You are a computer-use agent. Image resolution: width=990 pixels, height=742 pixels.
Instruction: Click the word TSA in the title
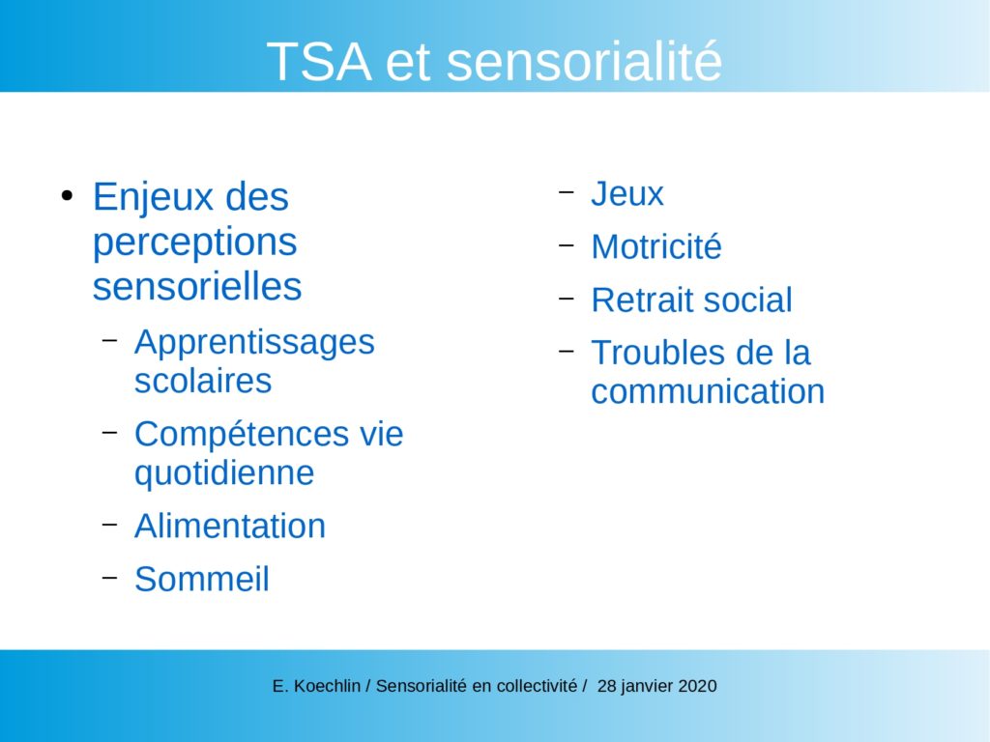tap(319, 61)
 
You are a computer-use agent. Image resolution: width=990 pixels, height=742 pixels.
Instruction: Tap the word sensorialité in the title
tap(584, 61)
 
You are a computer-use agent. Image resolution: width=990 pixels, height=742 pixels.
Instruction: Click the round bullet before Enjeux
tap(67, 195)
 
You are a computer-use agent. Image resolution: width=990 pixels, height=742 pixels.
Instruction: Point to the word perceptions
tap(194, 242)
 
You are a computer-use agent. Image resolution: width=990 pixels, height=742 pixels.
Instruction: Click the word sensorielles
tap(197, 286)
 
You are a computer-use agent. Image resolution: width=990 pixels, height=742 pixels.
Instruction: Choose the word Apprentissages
tap(254, 343)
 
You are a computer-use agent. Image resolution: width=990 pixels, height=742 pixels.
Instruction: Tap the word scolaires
tap(203, 381)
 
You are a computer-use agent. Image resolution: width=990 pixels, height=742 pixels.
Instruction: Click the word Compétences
tap(241, 435)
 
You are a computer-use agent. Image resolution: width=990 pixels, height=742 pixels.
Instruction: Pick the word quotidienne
tap(224, 473)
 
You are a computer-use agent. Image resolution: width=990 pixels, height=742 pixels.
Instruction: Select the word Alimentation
tap(230, 527)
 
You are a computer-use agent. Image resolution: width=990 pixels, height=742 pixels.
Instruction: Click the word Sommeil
tap(201, 580)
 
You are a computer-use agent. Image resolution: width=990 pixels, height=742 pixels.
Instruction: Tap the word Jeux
tap(626, 193)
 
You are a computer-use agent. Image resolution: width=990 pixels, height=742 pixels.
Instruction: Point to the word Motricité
tap(656, 246)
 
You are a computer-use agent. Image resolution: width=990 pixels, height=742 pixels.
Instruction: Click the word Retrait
tap(642, 300)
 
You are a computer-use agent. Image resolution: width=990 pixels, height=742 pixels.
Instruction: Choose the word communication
tap(708, 392)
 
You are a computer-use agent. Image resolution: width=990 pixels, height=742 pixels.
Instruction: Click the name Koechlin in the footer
tap(327, 686)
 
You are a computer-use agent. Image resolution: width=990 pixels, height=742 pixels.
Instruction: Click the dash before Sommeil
tap(110, 576)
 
